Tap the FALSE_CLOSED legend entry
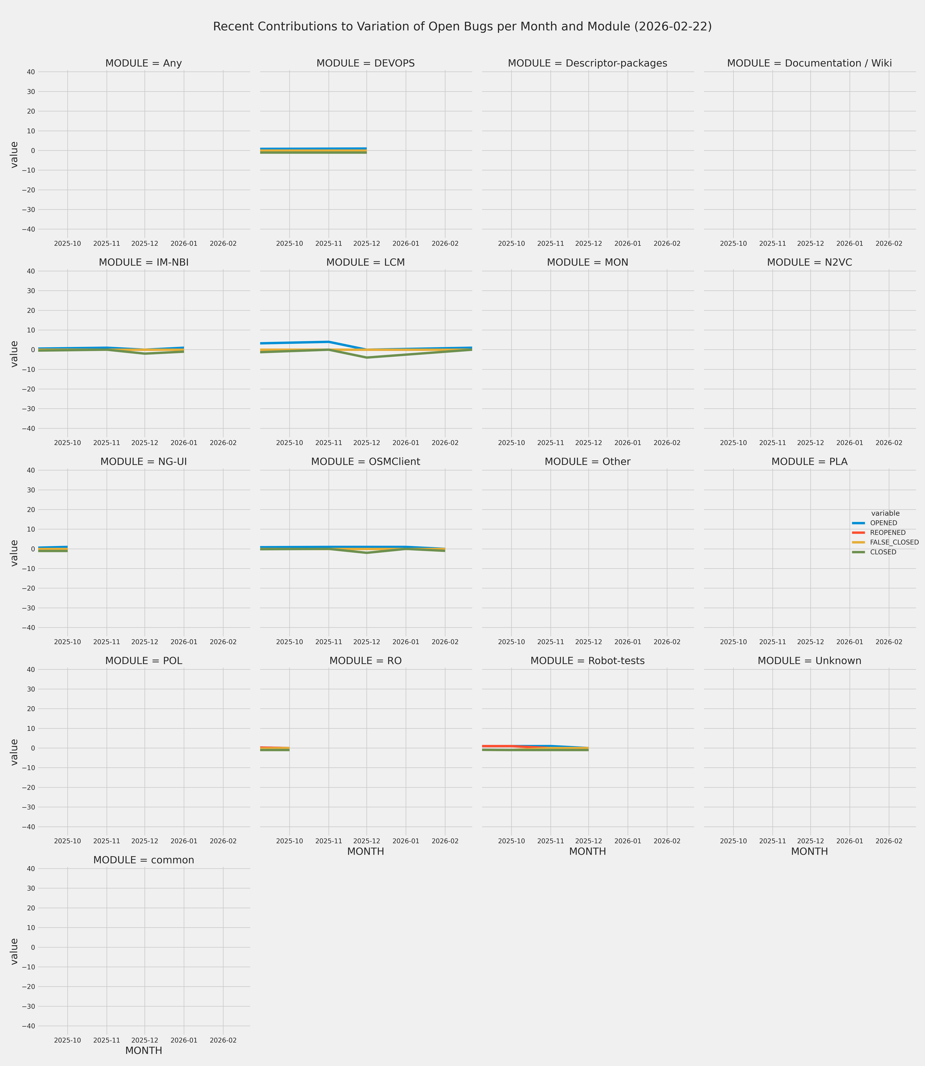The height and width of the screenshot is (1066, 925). (894, 543)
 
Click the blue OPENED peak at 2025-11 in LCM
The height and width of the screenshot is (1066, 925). (328, 342)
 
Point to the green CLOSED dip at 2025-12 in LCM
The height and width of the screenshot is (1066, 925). (366, 358)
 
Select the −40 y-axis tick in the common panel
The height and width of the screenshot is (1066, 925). (28, 1026)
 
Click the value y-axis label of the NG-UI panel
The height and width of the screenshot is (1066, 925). (14, 553)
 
